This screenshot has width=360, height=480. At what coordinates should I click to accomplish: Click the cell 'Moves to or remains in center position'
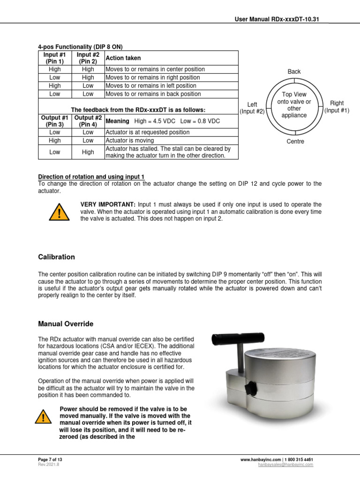pyautogui.click(x=155, y=69)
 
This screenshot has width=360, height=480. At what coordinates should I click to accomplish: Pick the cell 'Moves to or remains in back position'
pyautogui.click(x=153, y=94)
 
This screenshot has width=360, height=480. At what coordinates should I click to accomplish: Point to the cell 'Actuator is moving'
pyautogui.click(x=130, y=141)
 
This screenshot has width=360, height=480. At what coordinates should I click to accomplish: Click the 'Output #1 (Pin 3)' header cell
pyautogui.click(x=55, y=121)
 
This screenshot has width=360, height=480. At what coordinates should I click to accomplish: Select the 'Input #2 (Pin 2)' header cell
pyautogui.click(x=88, y=58)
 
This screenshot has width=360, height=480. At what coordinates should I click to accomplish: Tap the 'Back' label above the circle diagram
pyautogui.click(x=294, y=72)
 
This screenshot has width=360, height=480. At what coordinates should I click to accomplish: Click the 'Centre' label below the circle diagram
pyautogui.click(x=295, y=142)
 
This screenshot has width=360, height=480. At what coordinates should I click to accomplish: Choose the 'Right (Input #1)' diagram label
pyautogui.click(x=337, y=107)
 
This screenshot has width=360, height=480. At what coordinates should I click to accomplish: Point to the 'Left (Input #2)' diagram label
pyautogui.click(x=252, y=108)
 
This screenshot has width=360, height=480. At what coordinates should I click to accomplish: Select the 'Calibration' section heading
pyautogui.click(x=56, y=257)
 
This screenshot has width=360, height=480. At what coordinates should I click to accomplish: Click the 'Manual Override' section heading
pyautogui.click(x=66, y=324)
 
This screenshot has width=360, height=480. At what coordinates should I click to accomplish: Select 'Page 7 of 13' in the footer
pyautogui.click(x=50, y=460)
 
